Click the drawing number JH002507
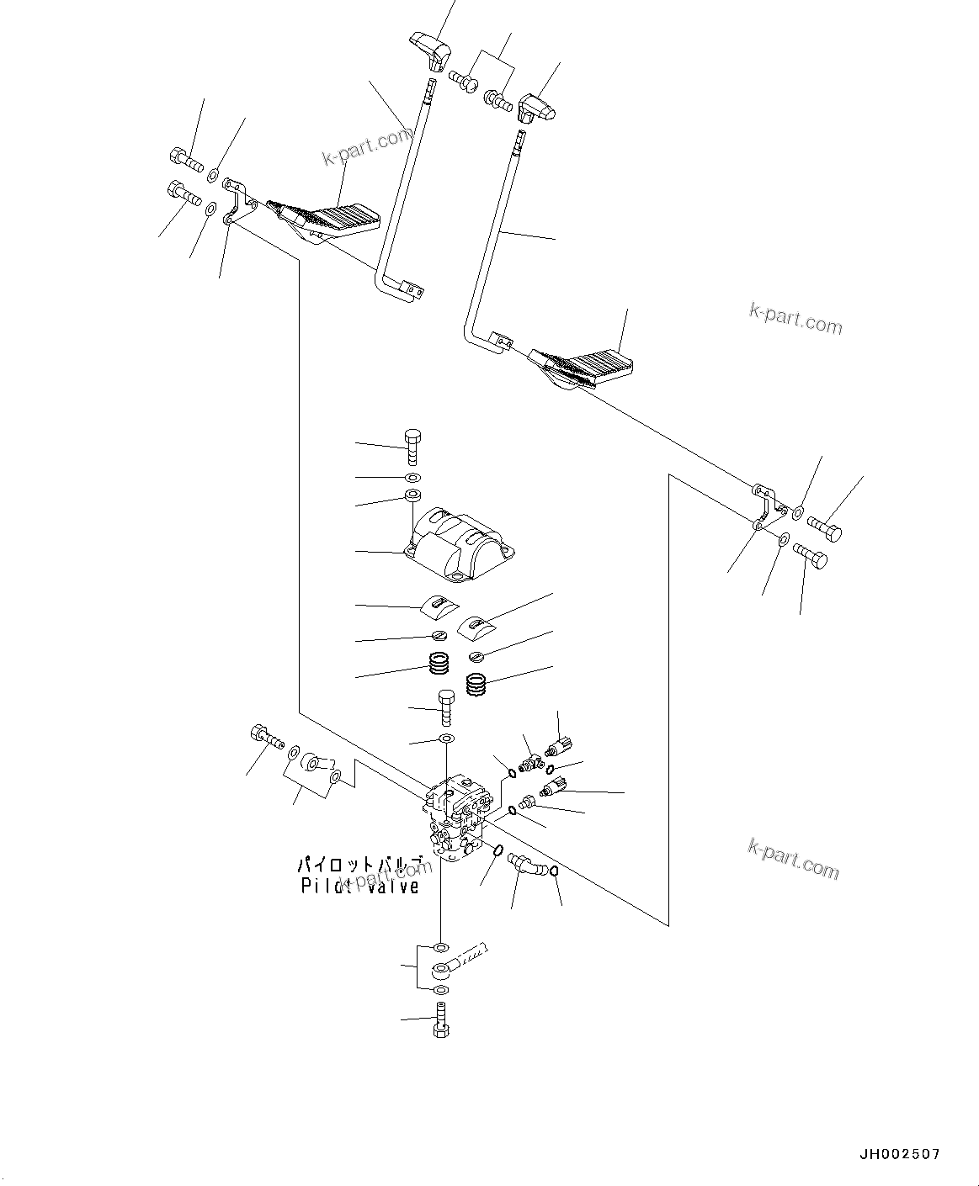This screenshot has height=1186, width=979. [x=899, y=1155]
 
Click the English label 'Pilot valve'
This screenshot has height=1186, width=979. [x=359, y=887]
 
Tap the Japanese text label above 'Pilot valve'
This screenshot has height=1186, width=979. [x=359, y=866]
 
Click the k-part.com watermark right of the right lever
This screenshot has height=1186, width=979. [x=795, y=318]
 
